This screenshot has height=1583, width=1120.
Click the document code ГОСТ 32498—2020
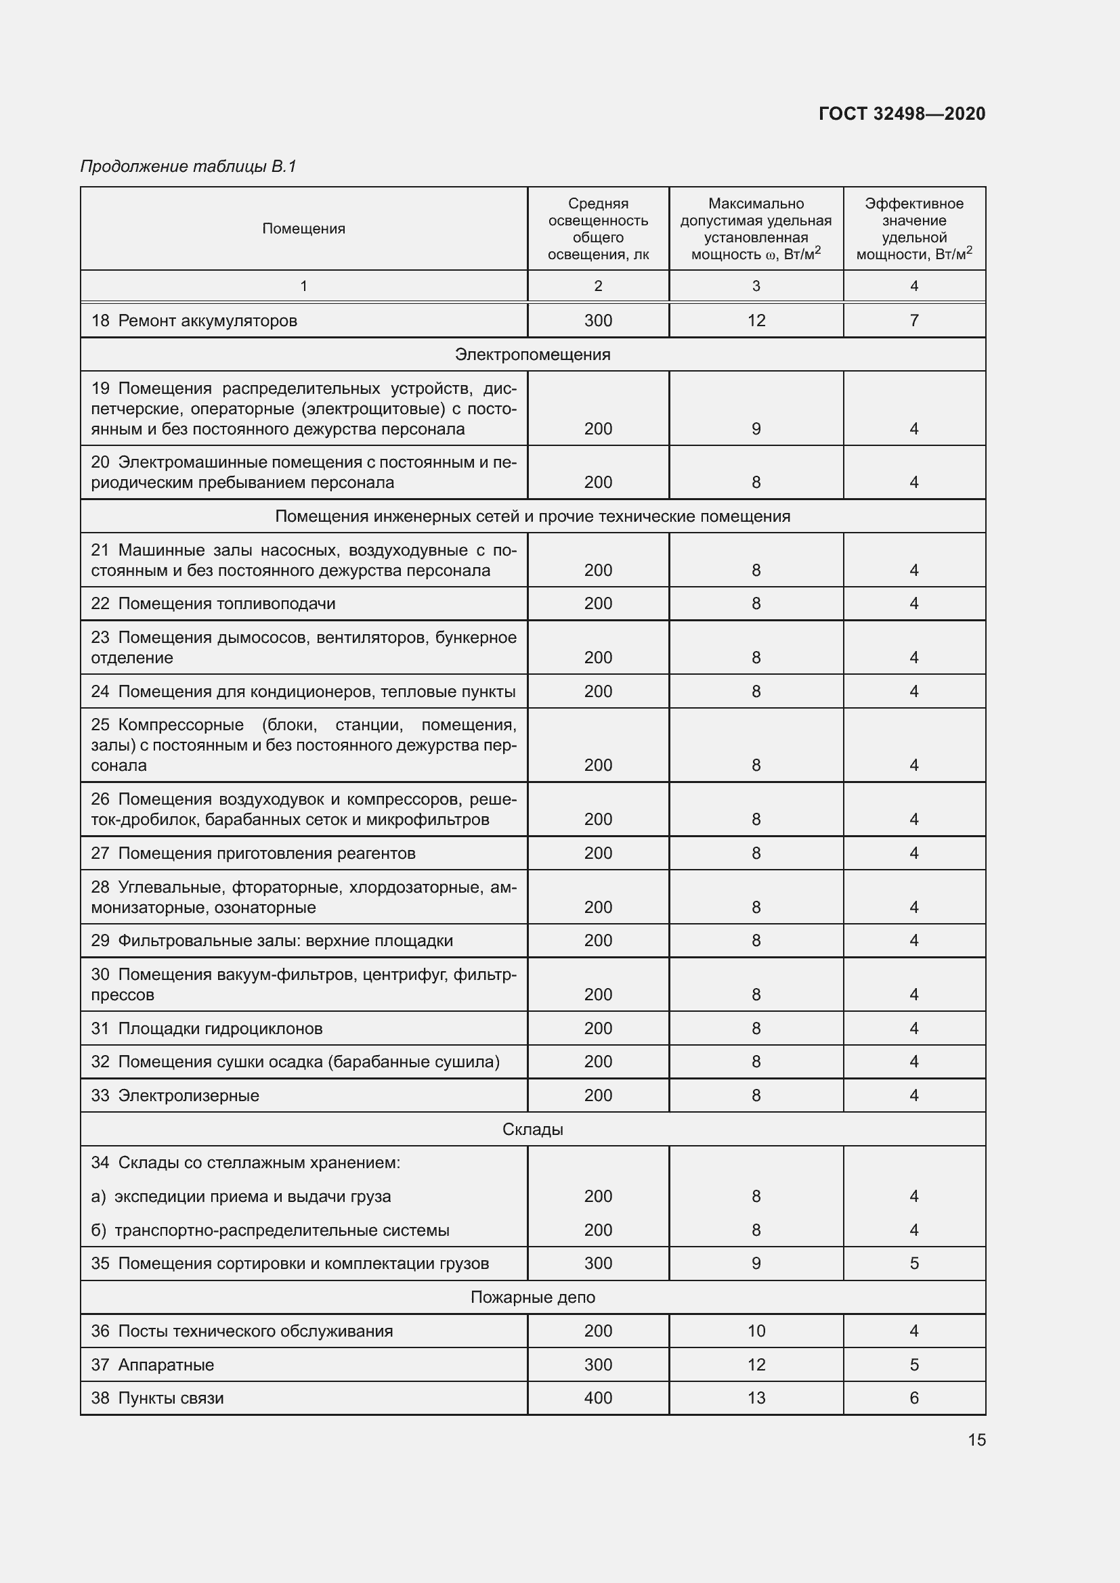click(901, 114)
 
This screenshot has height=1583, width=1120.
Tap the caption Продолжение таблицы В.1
click(188, 166)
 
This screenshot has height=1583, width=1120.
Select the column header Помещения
click(303, 229)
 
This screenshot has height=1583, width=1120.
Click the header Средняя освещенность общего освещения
click(598, 229)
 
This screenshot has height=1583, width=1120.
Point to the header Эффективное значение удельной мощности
click(913, 229)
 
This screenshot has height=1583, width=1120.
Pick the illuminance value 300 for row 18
click(598, 321)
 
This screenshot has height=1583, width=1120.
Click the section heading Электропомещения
click(532, 355)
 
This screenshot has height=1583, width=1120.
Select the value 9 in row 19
click(756, 429)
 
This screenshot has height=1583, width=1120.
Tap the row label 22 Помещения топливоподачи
click(214, 604)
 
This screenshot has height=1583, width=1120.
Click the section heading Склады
click(532, 1130)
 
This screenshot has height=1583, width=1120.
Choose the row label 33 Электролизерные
click(175, 1096)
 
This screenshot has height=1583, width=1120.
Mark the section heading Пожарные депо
click(532, 1297)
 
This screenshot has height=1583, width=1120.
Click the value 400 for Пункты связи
click(598, 1398)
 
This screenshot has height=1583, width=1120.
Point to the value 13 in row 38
click(756, 1398)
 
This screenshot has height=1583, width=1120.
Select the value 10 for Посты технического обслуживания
click(756, 1331)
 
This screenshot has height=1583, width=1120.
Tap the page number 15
click(976, 1440)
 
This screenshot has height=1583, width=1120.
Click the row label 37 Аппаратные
click(153, 1365)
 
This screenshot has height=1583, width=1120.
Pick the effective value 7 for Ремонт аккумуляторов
click(913, 321)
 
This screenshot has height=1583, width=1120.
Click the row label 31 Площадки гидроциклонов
click(207, 1029)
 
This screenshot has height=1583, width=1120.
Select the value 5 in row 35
click(913, 1264)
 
